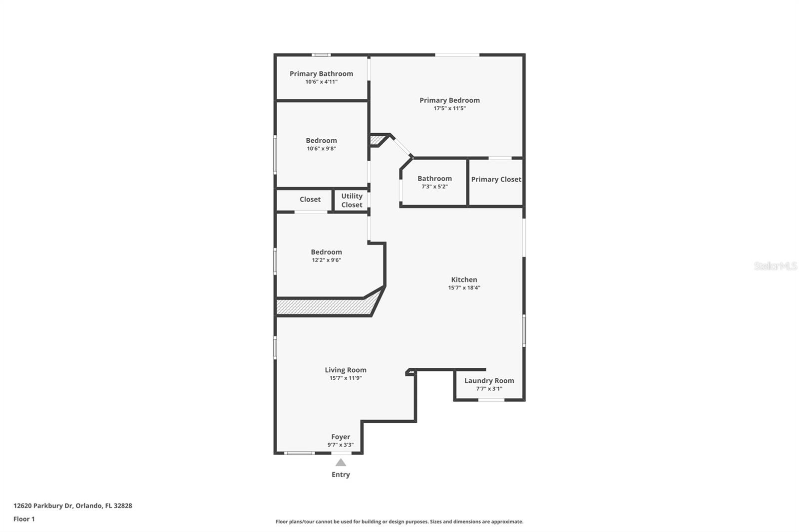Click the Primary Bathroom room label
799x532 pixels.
321,74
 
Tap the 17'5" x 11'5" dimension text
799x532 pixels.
449,108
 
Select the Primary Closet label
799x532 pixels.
496,180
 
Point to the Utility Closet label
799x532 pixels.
352,201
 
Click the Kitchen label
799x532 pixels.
464,280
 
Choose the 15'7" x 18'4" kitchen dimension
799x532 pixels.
464,288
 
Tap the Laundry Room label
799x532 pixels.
489,381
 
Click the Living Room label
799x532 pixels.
346,370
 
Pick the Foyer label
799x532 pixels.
341,437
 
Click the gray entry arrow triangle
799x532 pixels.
341,463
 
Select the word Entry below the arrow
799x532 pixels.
341,475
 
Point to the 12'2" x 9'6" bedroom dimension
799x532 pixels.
326,260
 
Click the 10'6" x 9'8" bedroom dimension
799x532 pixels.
321,149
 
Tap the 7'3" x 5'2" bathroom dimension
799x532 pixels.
434,187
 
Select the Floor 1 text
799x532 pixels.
24,519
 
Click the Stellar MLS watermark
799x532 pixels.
775,266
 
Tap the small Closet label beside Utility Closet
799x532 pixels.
310,200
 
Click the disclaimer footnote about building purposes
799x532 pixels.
399,522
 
